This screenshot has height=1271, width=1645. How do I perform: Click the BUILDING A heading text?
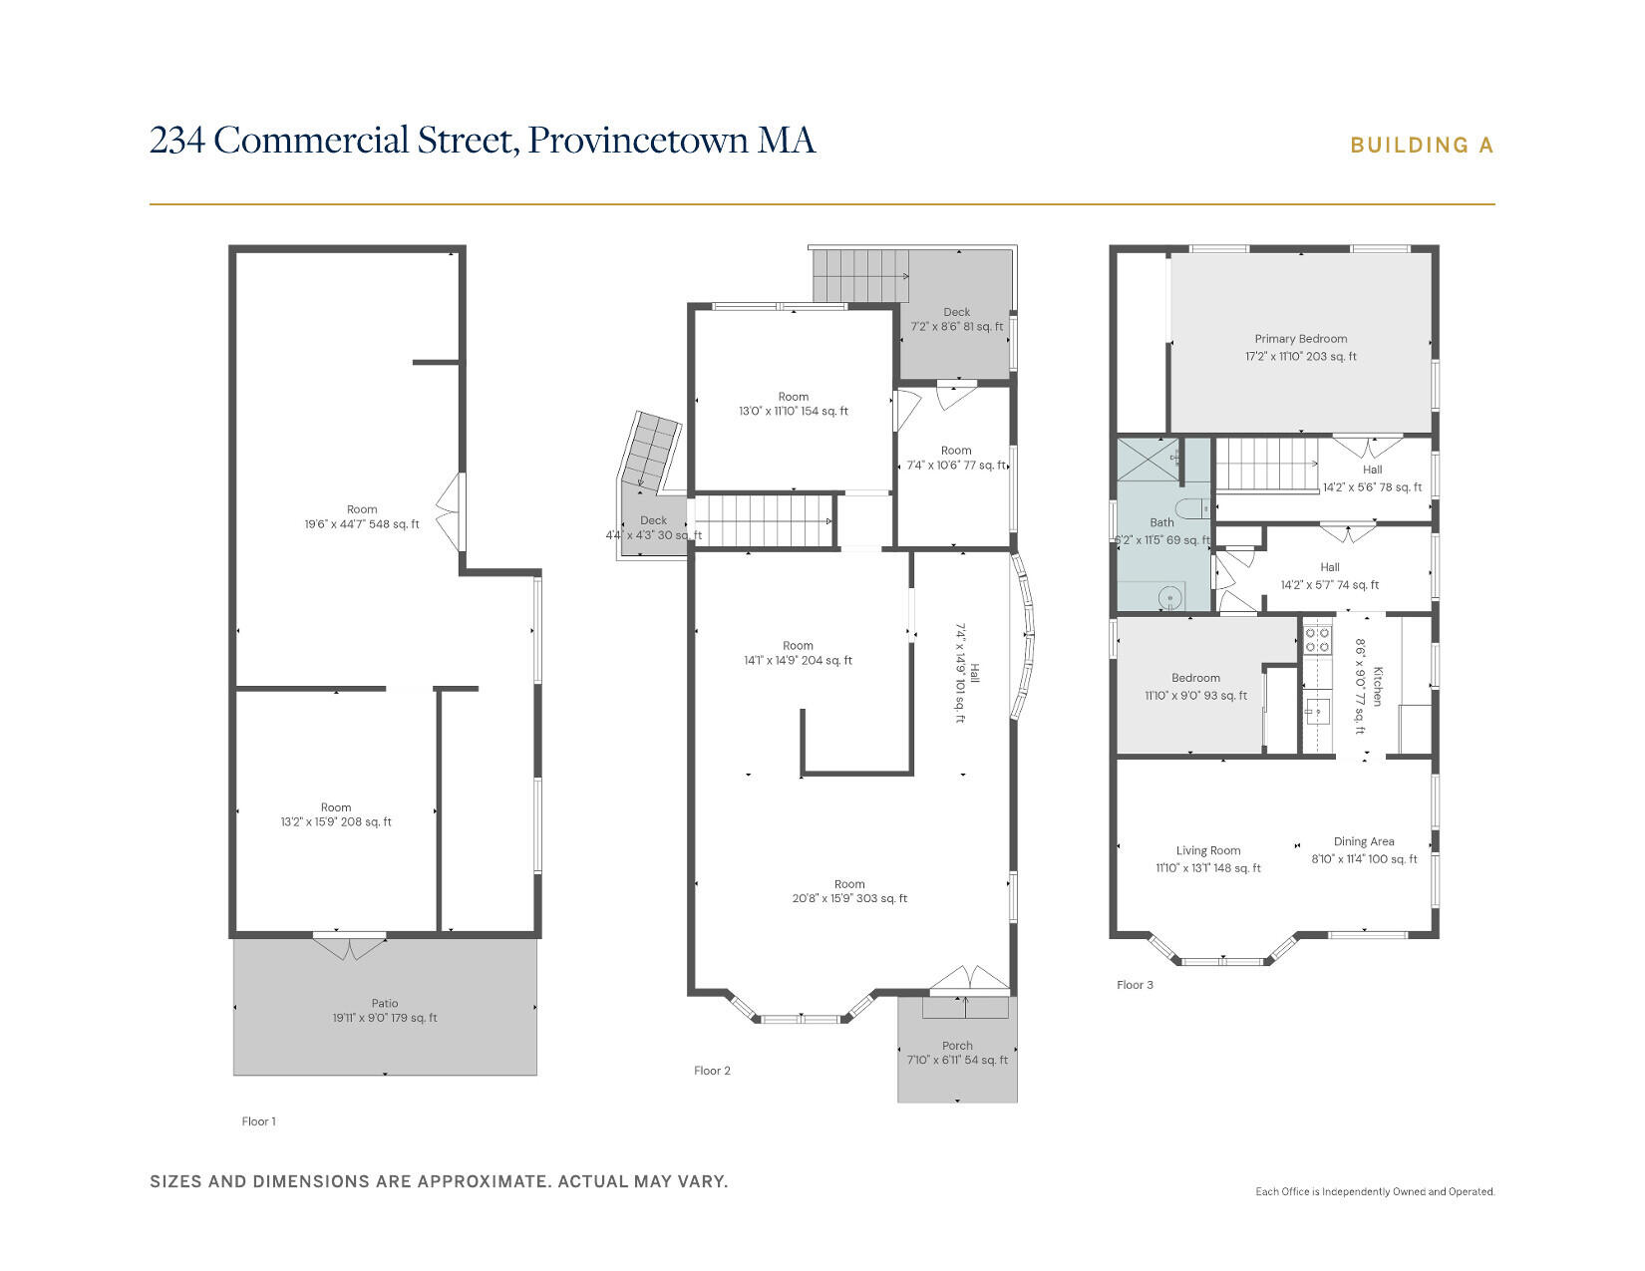pos(1422,146)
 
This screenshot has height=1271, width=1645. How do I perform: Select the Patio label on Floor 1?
pos(385,1004)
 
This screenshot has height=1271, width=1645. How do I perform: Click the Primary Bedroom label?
pos(1301,339)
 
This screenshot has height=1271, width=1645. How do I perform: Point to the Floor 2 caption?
pos(712,1071)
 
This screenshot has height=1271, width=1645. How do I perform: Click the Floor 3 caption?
pos(1135,985)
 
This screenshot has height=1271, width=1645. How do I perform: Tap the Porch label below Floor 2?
pos(957,1046)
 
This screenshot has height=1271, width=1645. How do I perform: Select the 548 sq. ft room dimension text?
pos(362,523)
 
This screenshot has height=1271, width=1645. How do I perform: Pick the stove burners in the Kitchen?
pos(1317,639)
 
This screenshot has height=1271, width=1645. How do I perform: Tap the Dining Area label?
pos(1364,841)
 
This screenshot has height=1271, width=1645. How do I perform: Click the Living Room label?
pos(1208,850)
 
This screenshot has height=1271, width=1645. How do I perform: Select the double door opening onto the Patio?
pos(349,945)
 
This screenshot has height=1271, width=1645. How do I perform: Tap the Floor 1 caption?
pos(258,1121)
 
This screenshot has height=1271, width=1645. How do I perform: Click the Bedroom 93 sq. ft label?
pos(1195,678)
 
